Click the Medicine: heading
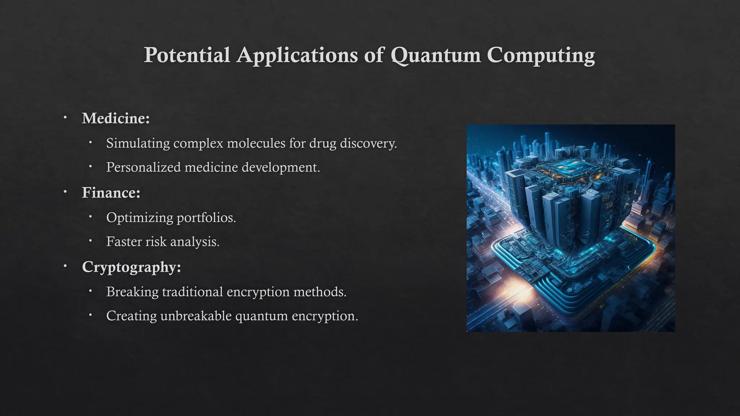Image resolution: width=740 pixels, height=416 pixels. tap(116, 118)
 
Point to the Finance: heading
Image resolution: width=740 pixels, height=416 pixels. tap(111, 192)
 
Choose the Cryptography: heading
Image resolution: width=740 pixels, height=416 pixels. tap(131, 267)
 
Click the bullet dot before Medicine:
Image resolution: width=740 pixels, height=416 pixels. tap(65, 117)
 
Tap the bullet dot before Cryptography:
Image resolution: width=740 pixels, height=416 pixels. tap(65, 266)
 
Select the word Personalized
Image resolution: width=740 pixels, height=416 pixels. tap(143, 167)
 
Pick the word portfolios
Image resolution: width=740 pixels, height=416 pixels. tap(206, 218)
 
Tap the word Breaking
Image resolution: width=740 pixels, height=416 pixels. tap(132, 292)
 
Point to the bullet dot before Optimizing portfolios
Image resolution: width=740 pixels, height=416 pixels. tap(90, 217)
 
